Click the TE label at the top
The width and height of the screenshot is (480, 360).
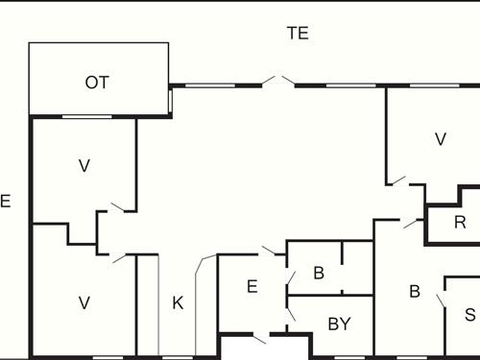pos(298,33)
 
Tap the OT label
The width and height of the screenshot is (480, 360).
pos(97,83)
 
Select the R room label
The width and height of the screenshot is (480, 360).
pos(460,224)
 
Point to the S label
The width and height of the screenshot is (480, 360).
pos(469,314)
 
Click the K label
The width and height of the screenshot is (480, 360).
pos(178,303)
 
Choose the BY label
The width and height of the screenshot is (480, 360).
pos(339,324)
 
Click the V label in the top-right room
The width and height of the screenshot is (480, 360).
pos(441,139)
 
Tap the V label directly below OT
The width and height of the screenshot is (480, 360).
pos(84,165)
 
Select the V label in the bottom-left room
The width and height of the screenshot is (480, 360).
pos(84,303)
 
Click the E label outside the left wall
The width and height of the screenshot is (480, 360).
pos(5,202)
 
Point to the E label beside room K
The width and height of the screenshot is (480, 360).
pos(252,286)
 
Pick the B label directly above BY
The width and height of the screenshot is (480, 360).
pos(319,273)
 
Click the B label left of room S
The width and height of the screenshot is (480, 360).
pos(415,292)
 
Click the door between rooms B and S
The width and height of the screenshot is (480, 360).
pos(442,299)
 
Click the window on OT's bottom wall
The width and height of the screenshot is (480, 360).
pos(86,116)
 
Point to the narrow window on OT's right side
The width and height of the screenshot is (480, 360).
pos(170,100)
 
